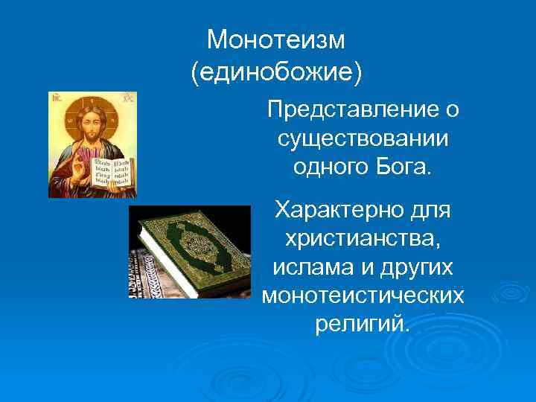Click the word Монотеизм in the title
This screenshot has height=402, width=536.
coord(276,39)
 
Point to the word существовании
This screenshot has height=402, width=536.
coord(363,138)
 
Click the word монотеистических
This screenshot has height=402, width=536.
coord(363,296)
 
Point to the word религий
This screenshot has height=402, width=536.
coord(363,324)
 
